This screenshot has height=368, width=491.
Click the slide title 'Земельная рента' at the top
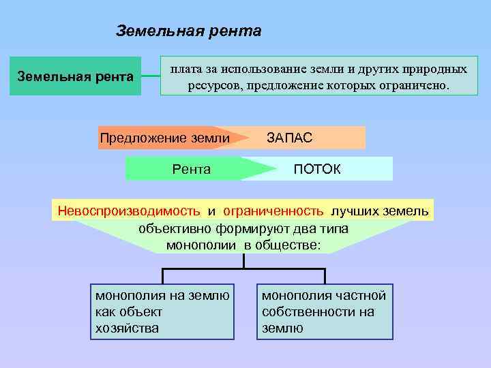click(188, 31)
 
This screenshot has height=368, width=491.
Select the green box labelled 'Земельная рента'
click(75, 76)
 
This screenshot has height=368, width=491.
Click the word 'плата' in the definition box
click(185, 69)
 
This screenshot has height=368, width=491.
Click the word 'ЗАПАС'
click(290, 138)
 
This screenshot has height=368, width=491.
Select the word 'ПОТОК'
click(316, 169)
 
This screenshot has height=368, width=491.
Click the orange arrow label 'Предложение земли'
click(164, 138)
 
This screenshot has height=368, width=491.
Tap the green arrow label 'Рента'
click(192, 169)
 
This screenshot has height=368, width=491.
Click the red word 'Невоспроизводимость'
click(129, 211)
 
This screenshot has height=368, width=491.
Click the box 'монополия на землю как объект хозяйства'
click(162, 311)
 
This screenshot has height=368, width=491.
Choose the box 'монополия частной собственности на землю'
click(325, 311)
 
